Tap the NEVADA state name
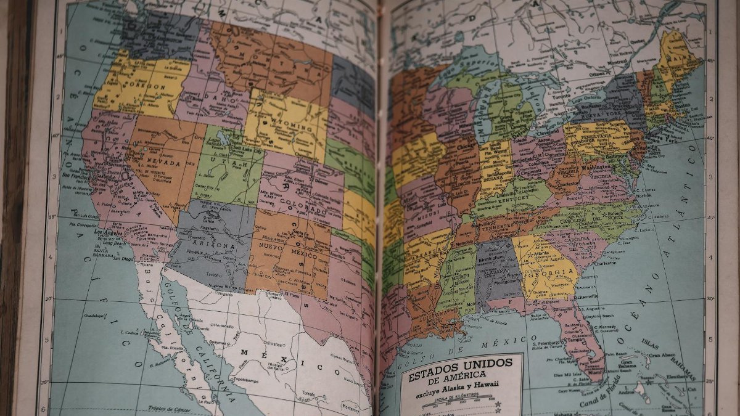(x=163, y=163)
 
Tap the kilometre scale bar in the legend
(x=462, y=404)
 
